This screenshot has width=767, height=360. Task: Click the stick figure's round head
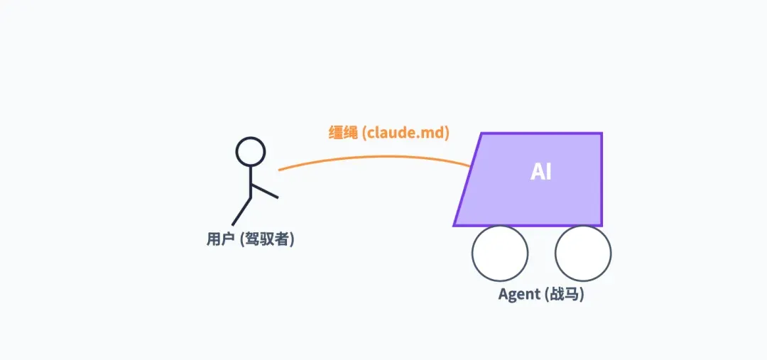click(x=250, y=151)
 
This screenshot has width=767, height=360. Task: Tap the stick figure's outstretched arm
click(x=264, y=190)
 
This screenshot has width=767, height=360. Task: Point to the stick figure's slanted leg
click(x=241, y=211)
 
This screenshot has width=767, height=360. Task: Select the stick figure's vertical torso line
click(x=250, y=180)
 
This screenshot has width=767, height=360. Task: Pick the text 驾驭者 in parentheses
click(x=266, y=239)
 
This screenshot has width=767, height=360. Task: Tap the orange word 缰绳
click(x=342, y=133)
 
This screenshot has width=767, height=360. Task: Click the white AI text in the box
click(x=541, y=172)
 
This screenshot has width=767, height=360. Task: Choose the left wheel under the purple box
click(x=500, y=253)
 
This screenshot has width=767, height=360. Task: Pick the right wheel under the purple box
click(x=583, y=253)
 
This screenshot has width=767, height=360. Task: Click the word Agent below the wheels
click(x=519, y=294)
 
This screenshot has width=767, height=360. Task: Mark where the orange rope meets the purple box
click(x=470, y=167)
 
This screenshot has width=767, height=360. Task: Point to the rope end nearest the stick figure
click(x=279, y=170)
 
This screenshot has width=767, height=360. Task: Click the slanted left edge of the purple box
click(x=468, y=180)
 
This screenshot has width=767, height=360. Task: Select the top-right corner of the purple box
click(x=602, y=133)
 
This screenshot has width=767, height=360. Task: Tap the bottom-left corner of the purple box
click(x=455, y=225)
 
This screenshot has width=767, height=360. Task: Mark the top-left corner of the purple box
click(x=482, y=133)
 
